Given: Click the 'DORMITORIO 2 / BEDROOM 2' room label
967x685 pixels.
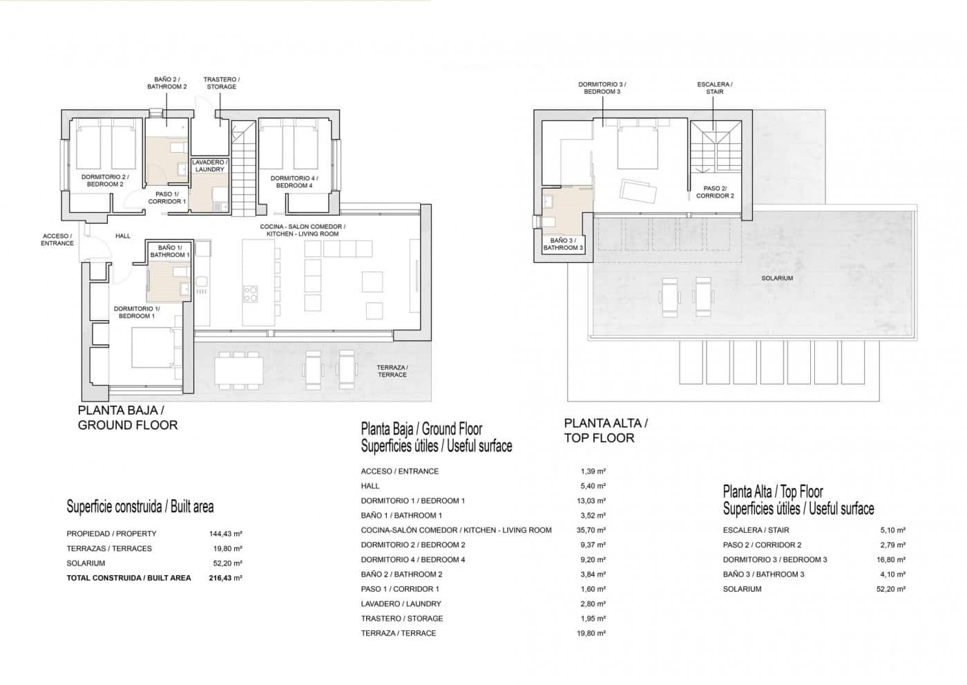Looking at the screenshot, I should click(x=102, y=180).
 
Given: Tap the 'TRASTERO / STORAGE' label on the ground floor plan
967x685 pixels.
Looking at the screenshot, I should click(x=221, y=83).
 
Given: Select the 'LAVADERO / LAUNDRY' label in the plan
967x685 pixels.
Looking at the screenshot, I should click(x=209, y=166).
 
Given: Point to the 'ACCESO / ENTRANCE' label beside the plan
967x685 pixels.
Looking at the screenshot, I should click(x=57, y=240).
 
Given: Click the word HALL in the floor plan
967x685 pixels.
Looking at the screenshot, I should click(x=123, y=236).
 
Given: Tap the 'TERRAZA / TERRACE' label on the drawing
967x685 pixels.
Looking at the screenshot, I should click(x=392, y=371).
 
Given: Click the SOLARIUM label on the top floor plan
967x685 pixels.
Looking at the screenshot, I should click(x=777, y=278).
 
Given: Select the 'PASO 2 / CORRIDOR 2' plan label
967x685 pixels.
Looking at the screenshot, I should click(x=715, y=192).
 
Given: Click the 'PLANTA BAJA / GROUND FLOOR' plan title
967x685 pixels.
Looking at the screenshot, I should click(x=128, y=417).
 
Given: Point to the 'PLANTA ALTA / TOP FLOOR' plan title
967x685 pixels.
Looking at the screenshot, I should click(x=606, y=430).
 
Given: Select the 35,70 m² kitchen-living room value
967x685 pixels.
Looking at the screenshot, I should click(x=593, y=530).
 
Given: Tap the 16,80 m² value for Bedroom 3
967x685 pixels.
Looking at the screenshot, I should click(x=892, y=560).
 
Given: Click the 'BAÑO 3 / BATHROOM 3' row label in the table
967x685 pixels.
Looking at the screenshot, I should click(x=763, y=574).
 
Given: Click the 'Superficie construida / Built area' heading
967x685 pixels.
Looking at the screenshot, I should click(x=140, y=507).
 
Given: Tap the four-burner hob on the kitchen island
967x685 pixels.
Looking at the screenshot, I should click(x=250, y=294).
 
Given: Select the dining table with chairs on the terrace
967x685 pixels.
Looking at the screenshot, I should click(x=238, y=370).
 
